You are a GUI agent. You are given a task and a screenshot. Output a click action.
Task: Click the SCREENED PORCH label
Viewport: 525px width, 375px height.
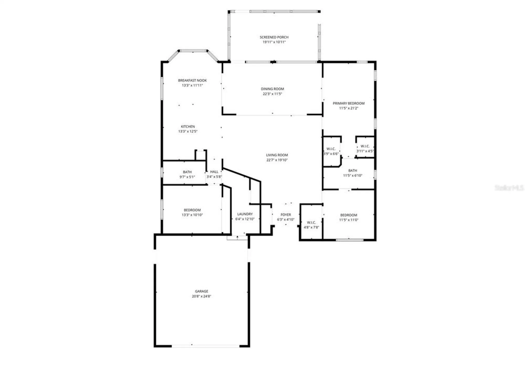(x=274, y=37)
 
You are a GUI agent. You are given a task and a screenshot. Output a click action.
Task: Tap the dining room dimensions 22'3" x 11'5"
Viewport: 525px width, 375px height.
(x=272, y=94)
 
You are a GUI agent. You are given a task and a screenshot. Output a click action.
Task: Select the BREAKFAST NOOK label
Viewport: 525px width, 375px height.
(x=192, y=80)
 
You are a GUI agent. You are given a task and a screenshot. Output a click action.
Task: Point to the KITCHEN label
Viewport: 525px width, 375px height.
(x=188, y=126)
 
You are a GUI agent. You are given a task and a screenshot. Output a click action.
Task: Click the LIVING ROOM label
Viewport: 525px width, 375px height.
(x=277, y=155)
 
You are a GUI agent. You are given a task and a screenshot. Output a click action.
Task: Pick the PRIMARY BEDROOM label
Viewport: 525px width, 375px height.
(x=348, y=103)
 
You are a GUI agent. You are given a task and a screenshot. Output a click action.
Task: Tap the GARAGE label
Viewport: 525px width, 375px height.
(x=201, y=291)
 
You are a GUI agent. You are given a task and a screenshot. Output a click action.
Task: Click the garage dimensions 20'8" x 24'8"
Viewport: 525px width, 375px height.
(x=201, y=296)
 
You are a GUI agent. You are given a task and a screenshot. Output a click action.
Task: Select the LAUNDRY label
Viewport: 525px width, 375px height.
(x=245, y=214)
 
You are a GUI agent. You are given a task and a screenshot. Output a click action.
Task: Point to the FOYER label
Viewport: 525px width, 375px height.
(x=286, y=215)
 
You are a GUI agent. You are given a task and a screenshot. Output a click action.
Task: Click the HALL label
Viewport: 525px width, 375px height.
(x=214, y=172)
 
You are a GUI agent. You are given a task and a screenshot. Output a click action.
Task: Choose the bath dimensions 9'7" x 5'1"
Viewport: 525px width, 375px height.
(x=187, y=177)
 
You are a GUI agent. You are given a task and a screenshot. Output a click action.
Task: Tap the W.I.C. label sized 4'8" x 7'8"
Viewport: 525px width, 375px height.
(x=311, y=222)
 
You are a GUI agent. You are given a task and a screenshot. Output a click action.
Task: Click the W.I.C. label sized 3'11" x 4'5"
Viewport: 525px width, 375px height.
(x=365, y=146)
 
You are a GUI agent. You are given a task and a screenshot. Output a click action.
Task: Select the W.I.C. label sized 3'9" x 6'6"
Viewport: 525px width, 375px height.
(x=331, y=149)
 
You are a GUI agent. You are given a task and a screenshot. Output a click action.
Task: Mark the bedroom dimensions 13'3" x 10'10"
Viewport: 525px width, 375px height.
(x=192, y=215)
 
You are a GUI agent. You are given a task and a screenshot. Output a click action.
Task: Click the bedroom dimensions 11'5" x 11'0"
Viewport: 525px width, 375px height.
(x=348, y=220)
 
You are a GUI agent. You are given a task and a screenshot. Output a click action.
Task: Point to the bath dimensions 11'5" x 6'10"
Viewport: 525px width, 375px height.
(x=353, y=176)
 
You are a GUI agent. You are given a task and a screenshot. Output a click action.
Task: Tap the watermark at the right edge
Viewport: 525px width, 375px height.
(x=509, y=187)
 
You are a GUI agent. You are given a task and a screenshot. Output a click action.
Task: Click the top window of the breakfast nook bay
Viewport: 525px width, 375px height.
(x=193, y=50)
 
